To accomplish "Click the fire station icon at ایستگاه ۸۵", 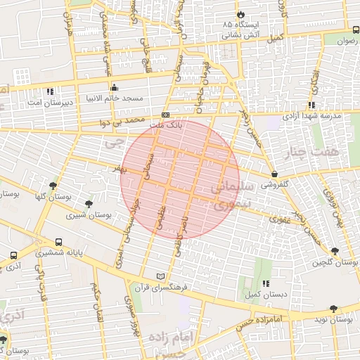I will [x=240, y=13].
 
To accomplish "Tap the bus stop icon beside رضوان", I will [x=356, y=30].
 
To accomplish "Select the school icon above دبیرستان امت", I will [x=50, y=91].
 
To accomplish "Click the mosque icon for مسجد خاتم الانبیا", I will [x=115, y=87].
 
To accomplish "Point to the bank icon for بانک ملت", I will [x=165, y=115].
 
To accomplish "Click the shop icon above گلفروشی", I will [x=274, y=174].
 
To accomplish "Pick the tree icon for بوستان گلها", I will [x=53, y=186].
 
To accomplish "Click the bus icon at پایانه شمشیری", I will [x=58, y=241].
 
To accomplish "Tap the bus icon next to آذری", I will [x=14, y=256].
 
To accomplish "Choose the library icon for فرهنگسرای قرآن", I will [x=162, y=276].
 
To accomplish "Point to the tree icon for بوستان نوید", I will [x=334, y=309].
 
